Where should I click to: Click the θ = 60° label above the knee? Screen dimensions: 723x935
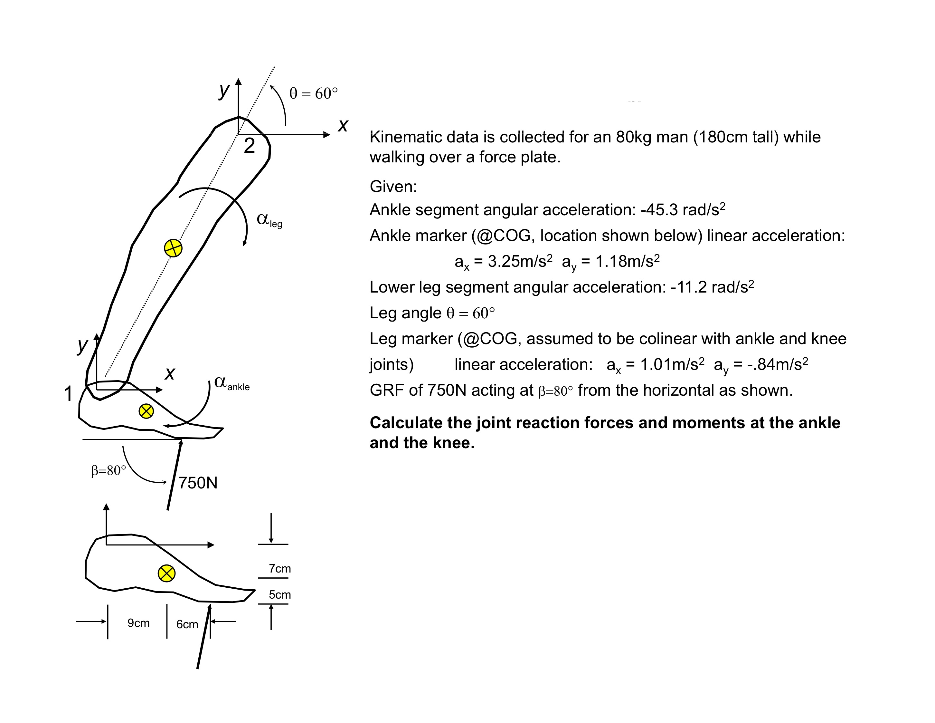click(x=313, y=93)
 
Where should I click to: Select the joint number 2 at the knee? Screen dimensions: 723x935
click(x=250, y=146)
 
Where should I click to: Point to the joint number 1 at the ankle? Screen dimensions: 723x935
click(x=68, y=393)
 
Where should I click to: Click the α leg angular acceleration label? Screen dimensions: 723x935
click(x=269, y=220)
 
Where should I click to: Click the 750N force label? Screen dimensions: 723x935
click(x=198, y=483)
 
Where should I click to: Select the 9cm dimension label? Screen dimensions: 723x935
click(x=138, y=623)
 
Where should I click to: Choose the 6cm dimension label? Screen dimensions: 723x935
click(x=187, y=624)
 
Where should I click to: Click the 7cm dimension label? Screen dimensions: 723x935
click(x=279, y=568)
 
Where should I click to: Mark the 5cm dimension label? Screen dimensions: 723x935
click(x=279, y=594)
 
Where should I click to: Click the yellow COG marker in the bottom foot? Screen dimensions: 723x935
click(x=166, y=573)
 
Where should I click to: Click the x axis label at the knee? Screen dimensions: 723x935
click(x=343, y=126)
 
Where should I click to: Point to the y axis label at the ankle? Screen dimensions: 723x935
click(x=82, y=345)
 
